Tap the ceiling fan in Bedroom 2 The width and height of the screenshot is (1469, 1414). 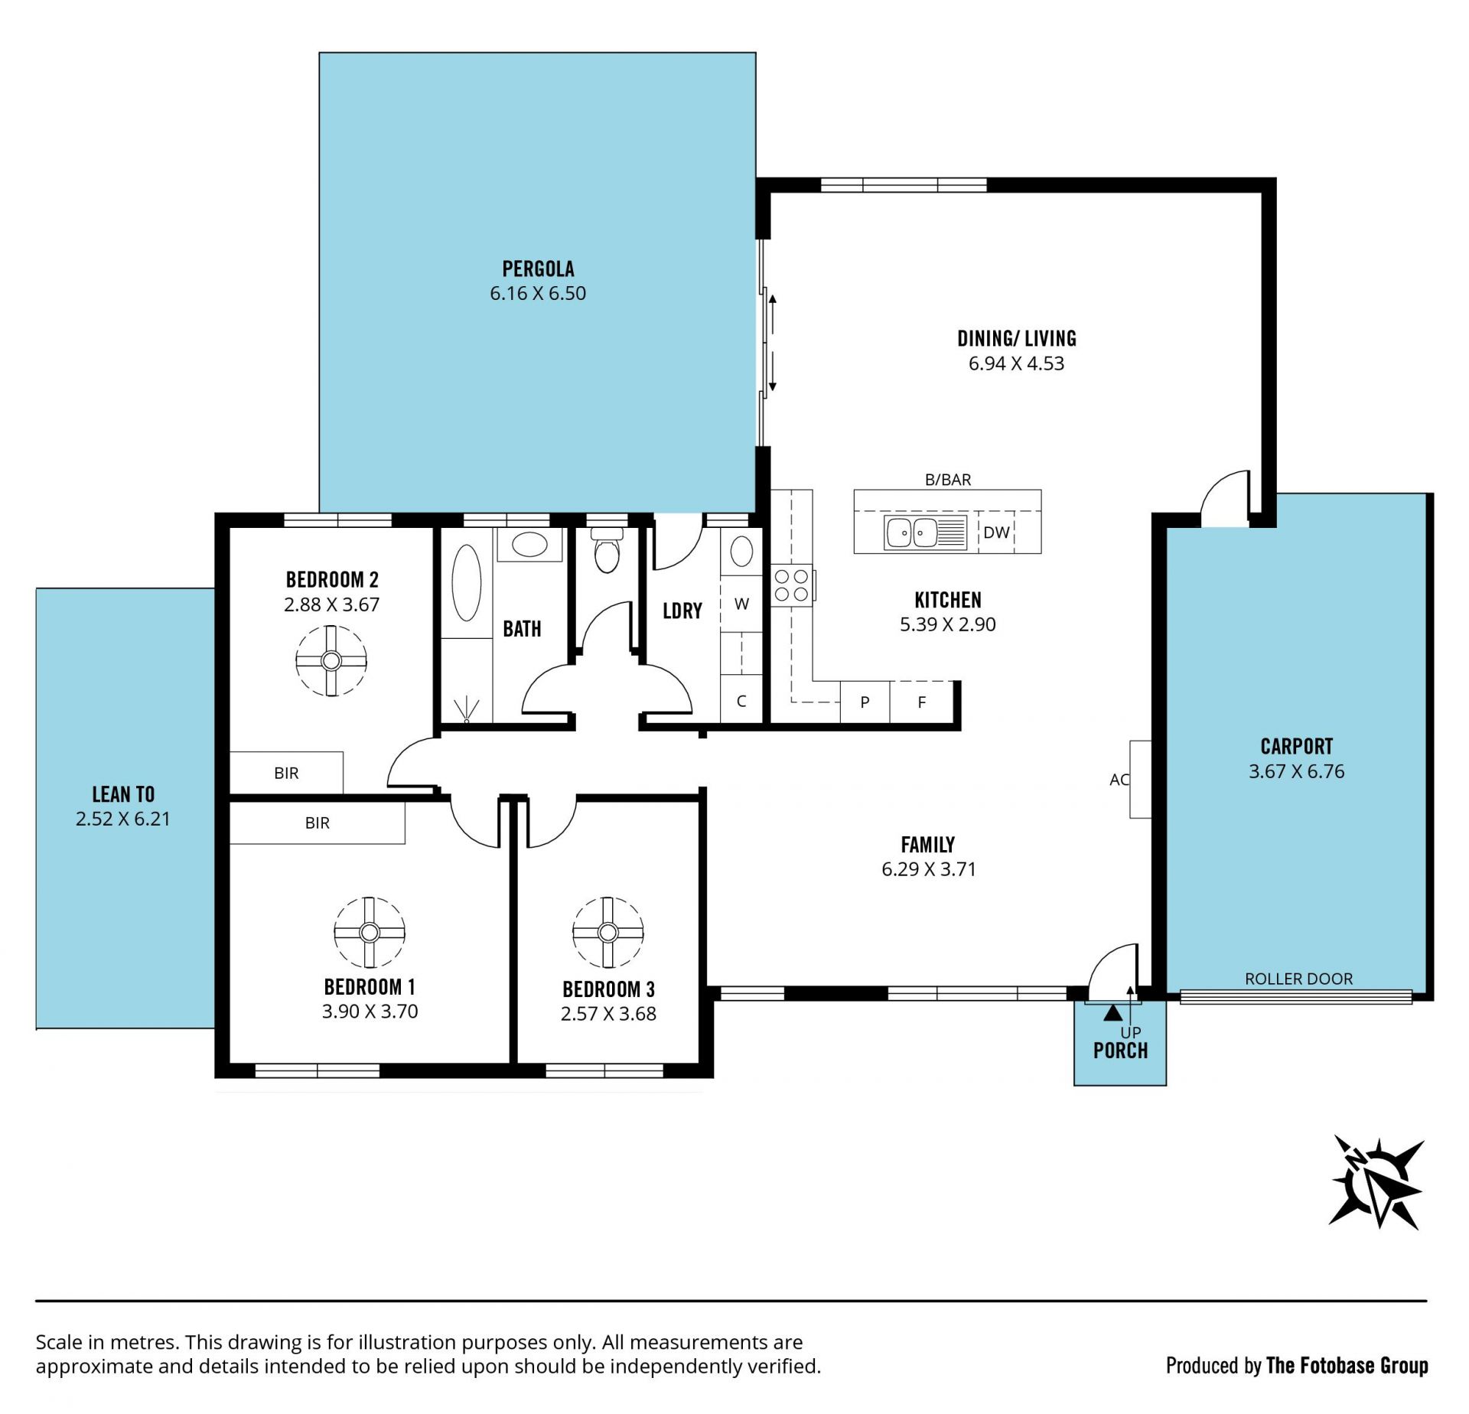[x=331, y=660]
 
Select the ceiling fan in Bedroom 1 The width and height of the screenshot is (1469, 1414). [x=370, y=933]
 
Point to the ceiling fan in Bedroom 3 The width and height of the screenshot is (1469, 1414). [x=608, y=933]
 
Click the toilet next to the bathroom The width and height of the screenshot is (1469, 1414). [x=607, y=550]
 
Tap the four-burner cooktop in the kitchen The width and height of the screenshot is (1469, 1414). [x=792, y=585]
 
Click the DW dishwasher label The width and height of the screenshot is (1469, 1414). [x=996, y=533]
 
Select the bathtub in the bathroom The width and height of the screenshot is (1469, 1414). [x=467, y=582]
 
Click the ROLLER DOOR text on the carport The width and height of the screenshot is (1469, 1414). [x=1298, y=979]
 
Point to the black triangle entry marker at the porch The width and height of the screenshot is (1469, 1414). [x=1112, y=1013]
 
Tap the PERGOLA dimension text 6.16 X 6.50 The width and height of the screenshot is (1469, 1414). [x=538, y=293]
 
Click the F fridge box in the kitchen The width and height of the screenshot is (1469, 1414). [x=922, y=702]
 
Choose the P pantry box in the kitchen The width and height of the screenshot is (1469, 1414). [x=865, y=702]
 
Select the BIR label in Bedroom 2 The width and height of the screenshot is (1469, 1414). [x=286, y=774]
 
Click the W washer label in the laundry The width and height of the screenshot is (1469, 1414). [x=741, y=604]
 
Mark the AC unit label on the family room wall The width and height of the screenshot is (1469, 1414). [x=1119, y=780]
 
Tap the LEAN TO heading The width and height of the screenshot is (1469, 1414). [x=123, y=794]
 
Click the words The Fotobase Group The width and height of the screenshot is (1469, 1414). [x=1347, y=1365]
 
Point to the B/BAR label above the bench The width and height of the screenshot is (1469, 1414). [x=948, y=480]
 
